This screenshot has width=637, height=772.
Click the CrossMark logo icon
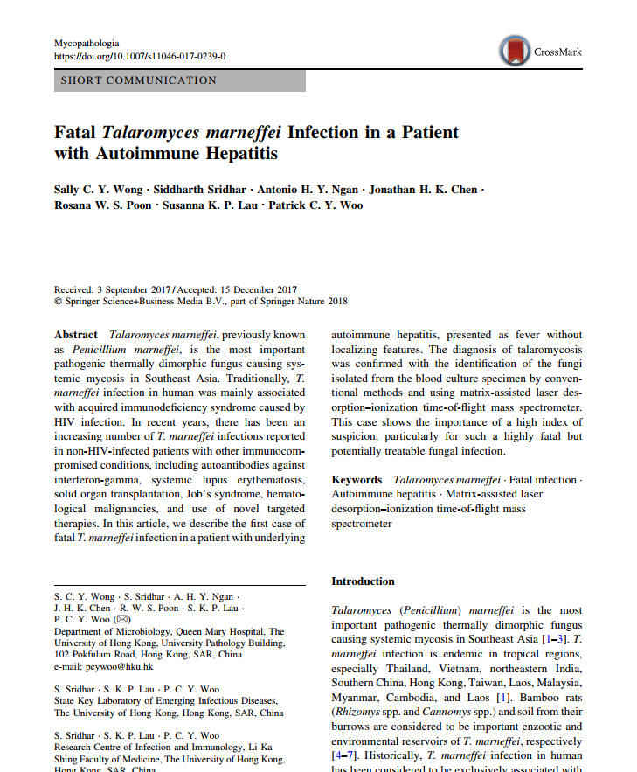point(514,51)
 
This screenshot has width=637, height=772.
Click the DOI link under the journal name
point(140,56)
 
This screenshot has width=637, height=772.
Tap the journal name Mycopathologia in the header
point(87,43)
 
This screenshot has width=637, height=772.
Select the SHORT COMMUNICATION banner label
point(138,80)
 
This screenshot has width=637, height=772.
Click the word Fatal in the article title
point(75,133)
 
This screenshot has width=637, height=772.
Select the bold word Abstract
point(76,335)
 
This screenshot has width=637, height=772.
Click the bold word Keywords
point(357,480)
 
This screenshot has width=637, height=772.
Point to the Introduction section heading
point(363,581)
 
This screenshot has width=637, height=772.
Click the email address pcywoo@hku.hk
point(104,666)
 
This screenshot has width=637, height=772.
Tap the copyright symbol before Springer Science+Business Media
point(58,301)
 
